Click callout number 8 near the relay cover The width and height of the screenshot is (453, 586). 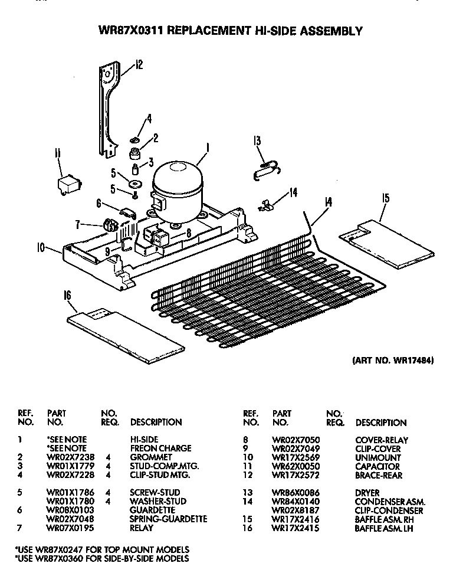188,233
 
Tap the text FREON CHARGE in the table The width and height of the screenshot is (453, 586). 152,448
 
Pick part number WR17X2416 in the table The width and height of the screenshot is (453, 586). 293,519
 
